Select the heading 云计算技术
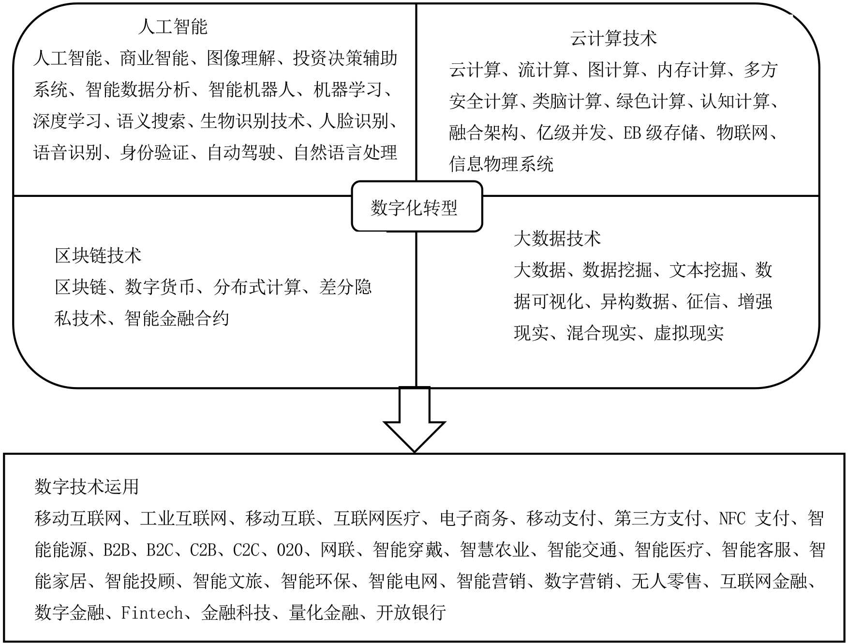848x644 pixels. coord(613,38)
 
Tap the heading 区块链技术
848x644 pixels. coord(98,255)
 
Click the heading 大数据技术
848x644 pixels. coord(557,239)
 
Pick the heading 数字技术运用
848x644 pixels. coord(87,486)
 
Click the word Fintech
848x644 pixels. coord(151,613)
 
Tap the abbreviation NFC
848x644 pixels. coord(732,518)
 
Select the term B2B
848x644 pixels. coord(116,550)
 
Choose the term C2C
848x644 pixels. coord(246,550)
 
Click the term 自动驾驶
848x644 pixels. coord(241,152)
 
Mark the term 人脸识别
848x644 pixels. coord(354,121)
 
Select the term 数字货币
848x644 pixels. coord(160,287)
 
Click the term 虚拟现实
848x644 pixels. coord(689,333)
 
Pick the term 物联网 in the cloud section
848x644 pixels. coord(742,133)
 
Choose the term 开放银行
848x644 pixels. coord(411,613)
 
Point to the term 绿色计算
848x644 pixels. coord(651,101)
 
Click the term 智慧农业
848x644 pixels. coord(494,550)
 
